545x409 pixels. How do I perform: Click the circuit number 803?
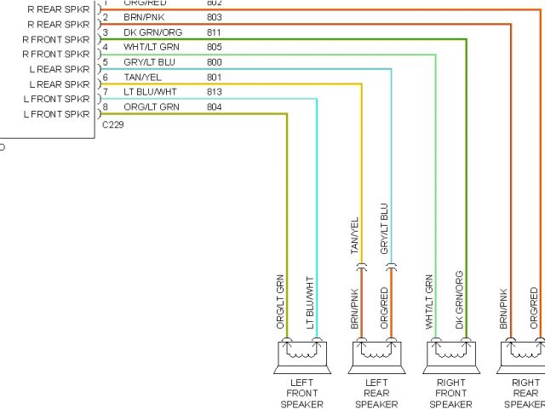coord(214,17)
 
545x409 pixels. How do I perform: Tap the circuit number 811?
coord(214,32)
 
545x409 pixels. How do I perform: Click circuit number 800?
coord(214,62)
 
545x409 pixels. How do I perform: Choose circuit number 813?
coord(214,92)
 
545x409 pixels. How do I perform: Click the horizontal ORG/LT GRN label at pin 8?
coord(151,107)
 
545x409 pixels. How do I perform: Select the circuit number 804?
coord(214,107)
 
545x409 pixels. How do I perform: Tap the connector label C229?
coord(112,124)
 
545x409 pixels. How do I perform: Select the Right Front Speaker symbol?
coord(449,356)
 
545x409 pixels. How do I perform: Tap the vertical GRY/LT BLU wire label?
coord(384,229)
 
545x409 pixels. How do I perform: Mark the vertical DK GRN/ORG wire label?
coord(459,300)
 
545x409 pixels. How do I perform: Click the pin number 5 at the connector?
coord(105,62)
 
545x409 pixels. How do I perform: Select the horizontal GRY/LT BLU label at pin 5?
coord(149,62)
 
